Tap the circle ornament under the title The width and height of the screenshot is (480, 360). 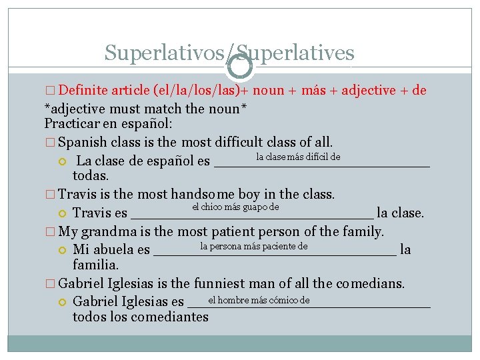pos(240,65)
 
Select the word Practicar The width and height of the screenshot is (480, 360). pos(73,124)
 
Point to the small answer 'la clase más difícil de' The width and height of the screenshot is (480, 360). pos(298,157)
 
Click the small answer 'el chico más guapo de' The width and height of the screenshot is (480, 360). pos(235,207)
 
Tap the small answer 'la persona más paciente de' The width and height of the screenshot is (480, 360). pos(253,247)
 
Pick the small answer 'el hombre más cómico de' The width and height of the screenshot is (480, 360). pos(259,299)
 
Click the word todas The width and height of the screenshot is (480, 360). pos(90,175)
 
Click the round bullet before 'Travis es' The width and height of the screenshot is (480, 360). pos(63,213)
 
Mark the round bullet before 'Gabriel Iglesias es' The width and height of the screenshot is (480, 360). pos(63,301)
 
